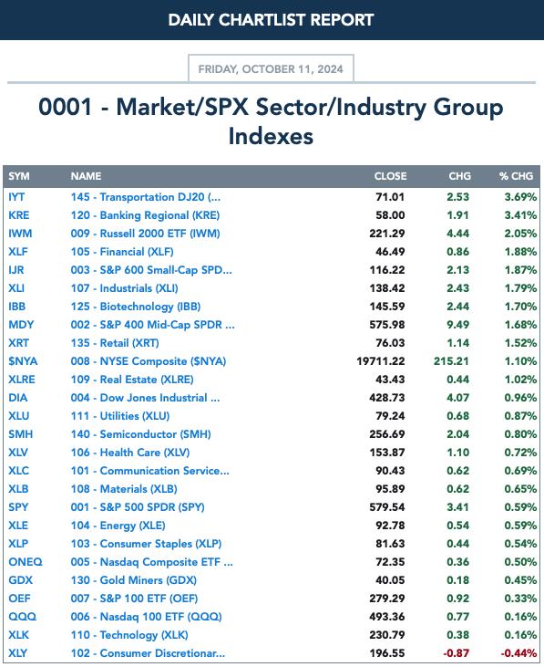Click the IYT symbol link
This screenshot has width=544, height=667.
click(16, 197)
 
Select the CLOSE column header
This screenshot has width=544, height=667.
click(390, 176)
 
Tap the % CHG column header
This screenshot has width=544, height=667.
click(516, 176)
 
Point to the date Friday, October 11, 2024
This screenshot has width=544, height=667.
click(271, 69)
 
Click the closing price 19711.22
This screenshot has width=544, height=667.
click(381, 361)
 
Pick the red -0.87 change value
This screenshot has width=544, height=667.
click(457, 653)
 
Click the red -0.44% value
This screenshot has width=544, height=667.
click(518, 653)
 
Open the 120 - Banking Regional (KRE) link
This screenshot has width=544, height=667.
click(145, 215)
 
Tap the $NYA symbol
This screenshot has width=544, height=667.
click(23, 361)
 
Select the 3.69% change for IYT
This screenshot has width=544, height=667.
click(520, 197)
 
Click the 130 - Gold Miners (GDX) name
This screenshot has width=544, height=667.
click(134, 580)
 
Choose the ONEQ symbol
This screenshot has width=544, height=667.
click(26, 562)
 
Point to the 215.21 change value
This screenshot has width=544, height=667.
click(451, 361)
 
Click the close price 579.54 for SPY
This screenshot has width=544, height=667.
click(387, 507)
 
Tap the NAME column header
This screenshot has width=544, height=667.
click(86, 176)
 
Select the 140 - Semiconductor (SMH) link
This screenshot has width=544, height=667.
click(141, 434)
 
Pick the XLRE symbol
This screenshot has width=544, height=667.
click(22, 380)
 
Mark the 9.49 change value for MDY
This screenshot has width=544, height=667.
click(457, 325)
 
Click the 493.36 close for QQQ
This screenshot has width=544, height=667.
click(387, 617)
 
